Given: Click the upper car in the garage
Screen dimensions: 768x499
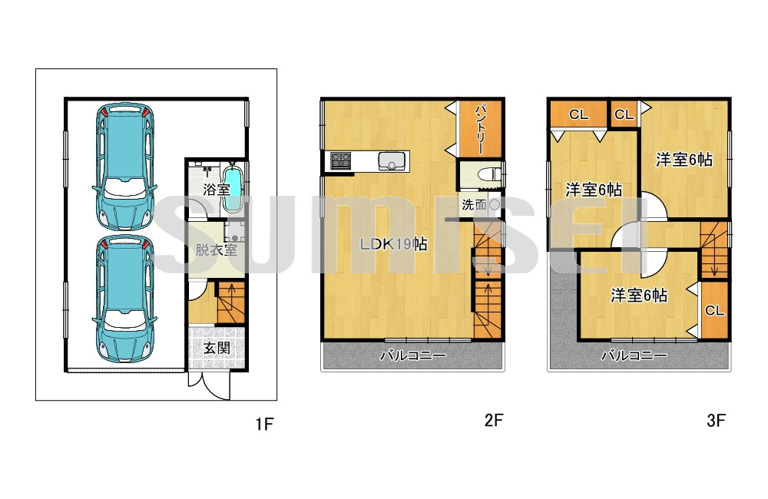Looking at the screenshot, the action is pyautogui.click(x=125, y=167).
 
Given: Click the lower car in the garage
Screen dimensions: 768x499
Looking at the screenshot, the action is pyautogui.click(x=125, y=299).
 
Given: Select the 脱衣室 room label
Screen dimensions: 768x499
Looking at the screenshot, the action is pyautogui.click(x=216, y=250).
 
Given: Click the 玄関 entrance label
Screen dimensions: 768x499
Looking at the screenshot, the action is pyautogui.click(x=217, y=349).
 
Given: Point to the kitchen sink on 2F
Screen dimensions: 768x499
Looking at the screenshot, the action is pyautogui.click(x=392, y=161).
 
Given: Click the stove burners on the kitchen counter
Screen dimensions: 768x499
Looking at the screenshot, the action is pyautogui.click(x=340, y=160).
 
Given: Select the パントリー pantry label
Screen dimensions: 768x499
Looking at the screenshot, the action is pyautogui.click(x=480, y=128).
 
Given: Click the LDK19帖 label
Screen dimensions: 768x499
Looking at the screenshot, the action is pyautogui.click(x=393, y=244).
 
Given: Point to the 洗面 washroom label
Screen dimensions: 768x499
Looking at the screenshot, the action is pyautogui.click(x=474, y=205).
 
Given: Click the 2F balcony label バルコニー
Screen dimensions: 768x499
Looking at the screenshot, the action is pyautogui.click(x=413, y=355).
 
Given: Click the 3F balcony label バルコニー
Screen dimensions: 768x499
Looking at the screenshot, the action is pyautogui.click(x=634, y=355).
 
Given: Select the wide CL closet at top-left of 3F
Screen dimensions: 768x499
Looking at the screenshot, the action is pyautogui.click(x=578, y=114).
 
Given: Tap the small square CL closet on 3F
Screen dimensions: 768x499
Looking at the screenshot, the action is pyautogui.click(x=624, y=114).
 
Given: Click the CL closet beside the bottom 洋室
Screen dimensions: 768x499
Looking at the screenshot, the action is pyautogui.click(x=714, y=310).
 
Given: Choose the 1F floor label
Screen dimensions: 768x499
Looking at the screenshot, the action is pyautogui.click(x=264, y=424).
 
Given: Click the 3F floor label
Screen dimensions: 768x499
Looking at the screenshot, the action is pyautogui.click(x=716, y=420).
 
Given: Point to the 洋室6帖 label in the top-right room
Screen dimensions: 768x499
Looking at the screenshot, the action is pyautogui.click(x=684, y=160).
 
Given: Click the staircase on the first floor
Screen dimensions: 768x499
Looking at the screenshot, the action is pyautogui.click(x=230, y=303).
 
